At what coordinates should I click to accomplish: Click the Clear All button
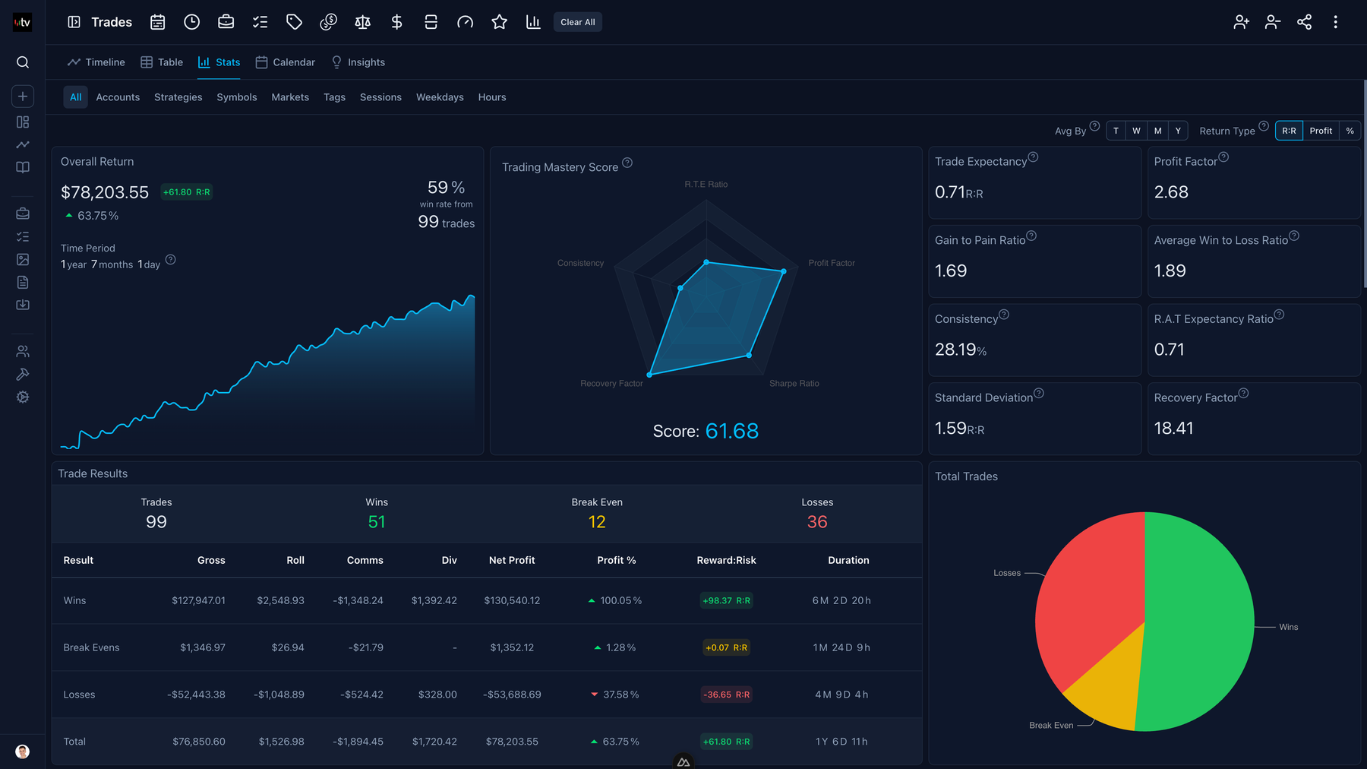[577, 22]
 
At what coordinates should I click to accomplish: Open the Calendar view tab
[286, 62]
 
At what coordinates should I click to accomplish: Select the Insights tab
[358, 62]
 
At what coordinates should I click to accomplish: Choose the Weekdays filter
[440, 97]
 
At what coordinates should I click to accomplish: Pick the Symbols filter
[237, 97]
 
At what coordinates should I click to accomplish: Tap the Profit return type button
[1321, 131]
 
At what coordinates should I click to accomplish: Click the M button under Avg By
[1157, 131]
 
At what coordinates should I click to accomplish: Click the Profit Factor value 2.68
[1171, 192]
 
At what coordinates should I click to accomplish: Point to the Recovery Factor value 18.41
[1173, 429]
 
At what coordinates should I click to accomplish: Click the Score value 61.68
[731, 432]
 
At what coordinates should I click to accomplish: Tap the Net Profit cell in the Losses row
[512, 695]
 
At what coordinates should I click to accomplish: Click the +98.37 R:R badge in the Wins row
[726, 600]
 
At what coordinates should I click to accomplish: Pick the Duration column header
[848, 560]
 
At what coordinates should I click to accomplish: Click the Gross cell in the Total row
[199, 742]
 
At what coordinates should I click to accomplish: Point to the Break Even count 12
[597, 522]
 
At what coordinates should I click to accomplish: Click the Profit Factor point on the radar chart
[784, 271]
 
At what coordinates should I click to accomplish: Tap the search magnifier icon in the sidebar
[23, 62]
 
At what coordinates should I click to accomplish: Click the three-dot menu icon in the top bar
[1335, 22]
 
